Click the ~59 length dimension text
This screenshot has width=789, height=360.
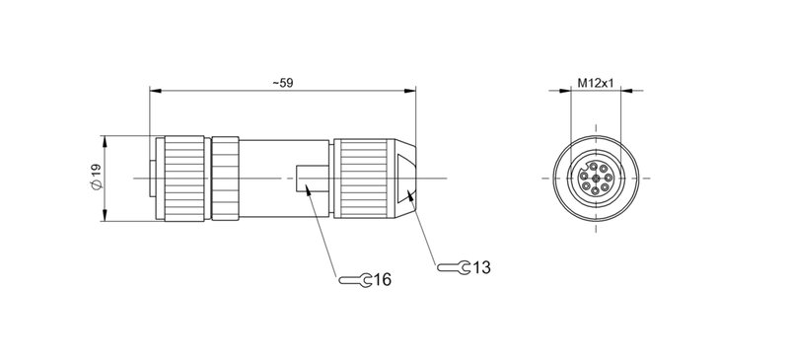pos(283,83)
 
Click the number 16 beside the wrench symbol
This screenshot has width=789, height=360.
pos(382,281)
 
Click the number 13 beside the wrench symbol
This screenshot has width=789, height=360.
pos(481,267)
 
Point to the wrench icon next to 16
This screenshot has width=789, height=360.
pos(356,281)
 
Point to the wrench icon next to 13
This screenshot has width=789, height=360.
pos(455,267)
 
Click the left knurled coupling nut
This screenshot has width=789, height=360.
pos(181,178)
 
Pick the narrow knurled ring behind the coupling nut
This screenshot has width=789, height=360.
pos(226,178)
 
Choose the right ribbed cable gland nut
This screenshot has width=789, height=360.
pos(364,178)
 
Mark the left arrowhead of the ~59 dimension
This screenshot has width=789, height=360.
pos(153,92)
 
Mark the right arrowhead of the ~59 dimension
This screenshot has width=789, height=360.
pos(413,92)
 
